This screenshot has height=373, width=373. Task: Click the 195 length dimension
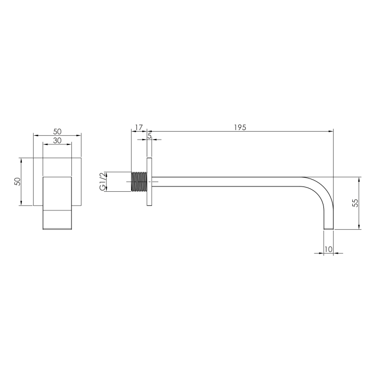tap(240, 127)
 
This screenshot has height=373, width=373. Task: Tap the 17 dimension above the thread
tap(139, 127)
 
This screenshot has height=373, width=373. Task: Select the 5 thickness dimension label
tap(149, 136)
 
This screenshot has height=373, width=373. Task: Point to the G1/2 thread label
tap(102, 181)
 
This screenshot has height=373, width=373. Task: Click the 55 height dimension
tap(355, 203)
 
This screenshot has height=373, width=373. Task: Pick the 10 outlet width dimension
tap(328, 249)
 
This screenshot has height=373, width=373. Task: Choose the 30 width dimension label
tap(57, 141)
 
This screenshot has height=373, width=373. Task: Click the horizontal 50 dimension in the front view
tap(57, 131)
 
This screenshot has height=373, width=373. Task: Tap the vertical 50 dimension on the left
tap(18, 182)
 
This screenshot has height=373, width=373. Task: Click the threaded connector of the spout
tap(139, 182)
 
